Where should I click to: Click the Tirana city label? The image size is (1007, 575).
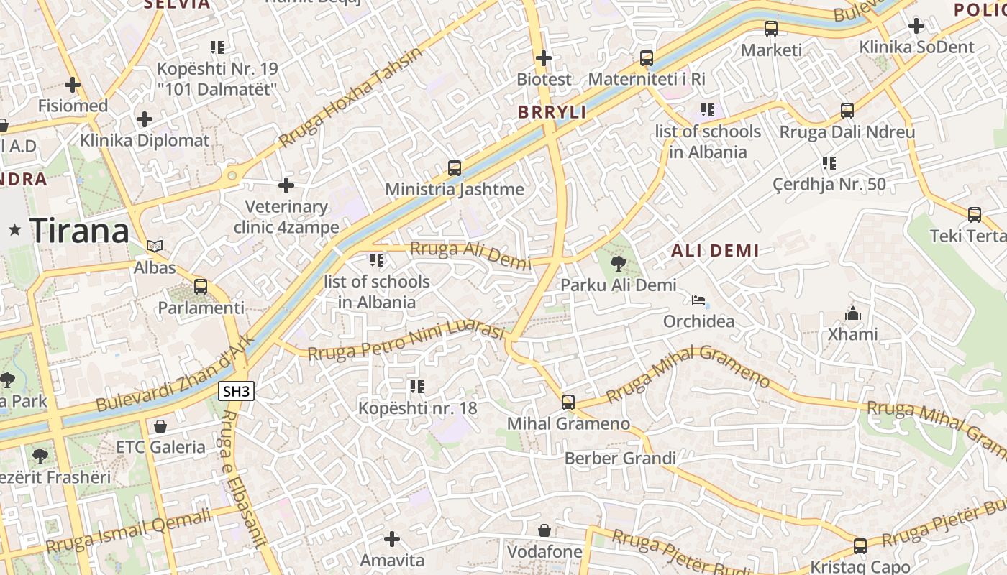point(79,231)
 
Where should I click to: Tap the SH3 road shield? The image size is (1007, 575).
point(237,392)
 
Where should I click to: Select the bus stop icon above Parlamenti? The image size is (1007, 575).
point(201,287)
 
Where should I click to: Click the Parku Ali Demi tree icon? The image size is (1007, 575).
point(618,264)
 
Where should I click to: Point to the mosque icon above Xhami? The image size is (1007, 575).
point(853,313)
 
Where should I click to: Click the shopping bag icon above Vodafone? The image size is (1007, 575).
point(544,530)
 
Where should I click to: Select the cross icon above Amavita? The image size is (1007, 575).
point(392,538)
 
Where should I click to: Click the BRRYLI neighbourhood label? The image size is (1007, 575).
point(552,112)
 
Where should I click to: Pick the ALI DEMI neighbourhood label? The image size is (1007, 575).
point(715,251)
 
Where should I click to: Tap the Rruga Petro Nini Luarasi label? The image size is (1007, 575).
point(406,341)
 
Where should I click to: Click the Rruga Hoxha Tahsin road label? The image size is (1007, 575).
point(350,97)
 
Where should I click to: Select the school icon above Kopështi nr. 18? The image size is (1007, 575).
point(417,387)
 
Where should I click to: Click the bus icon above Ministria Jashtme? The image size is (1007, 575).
point(455,168)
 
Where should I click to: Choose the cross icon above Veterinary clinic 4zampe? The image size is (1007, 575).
point(286,185)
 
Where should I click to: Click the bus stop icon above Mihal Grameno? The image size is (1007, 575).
point(568,402)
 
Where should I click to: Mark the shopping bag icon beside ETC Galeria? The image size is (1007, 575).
point(160,426)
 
